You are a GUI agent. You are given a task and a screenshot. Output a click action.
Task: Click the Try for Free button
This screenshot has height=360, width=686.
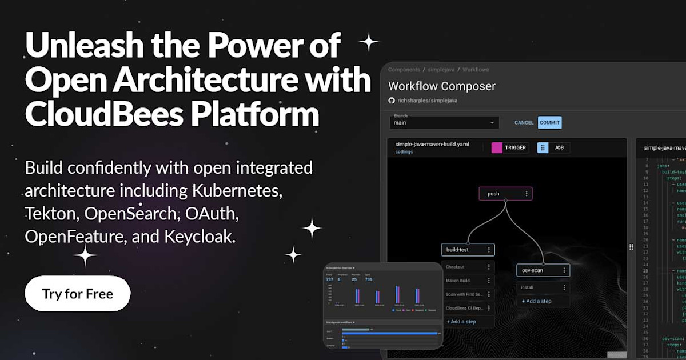78,294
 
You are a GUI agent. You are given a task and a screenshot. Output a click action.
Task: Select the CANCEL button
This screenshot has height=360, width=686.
524,123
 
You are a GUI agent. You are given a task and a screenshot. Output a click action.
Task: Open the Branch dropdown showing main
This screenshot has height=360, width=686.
444,123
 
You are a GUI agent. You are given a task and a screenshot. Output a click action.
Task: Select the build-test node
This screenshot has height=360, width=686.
462,250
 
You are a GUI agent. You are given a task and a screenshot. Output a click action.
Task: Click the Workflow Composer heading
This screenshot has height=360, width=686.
441,86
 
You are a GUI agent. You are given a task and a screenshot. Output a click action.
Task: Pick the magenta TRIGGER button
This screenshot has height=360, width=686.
510,147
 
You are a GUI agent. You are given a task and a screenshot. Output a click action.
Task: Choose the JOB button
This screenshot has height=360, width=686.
553,147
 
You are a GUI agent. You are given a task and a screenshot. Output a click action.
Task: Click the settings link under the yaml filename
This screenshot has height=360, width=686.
404,152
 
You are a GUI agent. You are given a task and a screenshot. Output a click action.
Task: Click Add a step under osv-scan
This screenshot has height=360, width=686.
536,301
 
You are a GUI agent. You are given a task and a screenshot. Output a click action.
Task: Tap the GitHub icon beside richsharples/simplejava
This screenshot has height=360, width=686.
392,100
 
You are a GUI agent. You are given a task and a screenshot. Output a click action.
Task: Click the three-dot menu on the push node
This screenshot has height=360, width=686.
527,194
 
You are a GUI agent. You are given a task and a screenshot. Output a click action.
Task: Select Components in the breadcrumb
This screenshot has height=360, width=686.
404,70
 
